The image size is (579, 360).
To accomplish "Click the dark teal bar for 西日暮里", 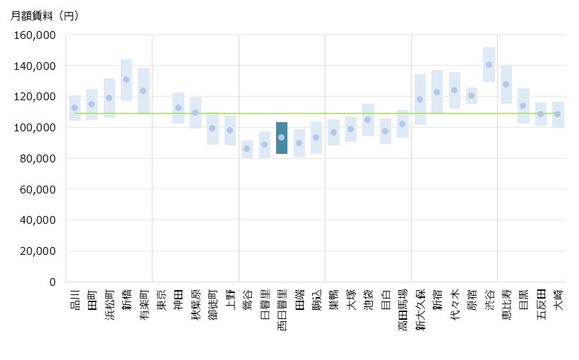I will tap(281, 138).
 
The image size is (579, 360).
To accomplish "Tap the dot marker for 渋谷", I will tap(489, 65).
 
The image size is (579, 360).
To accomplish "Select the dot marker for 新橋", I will tap(126, 80).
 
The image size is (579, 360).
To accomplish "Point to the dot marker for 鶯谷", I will tap(246, 148).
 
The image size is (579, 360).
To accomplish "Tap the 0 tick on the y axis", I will tap(52, 282).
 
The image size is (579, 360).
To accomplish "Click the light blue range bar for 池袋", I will tap(368, 120).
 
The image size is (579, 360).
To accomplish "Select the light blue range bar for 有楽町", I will tap(143, 90).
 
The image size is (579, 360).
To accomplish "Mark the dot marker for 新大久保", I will tap(419, 100).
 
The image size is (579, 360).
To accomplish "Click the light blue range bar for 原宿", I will tap(471, 95).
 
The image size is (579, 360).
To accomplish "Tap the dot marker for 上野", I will tap(229, 131).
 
